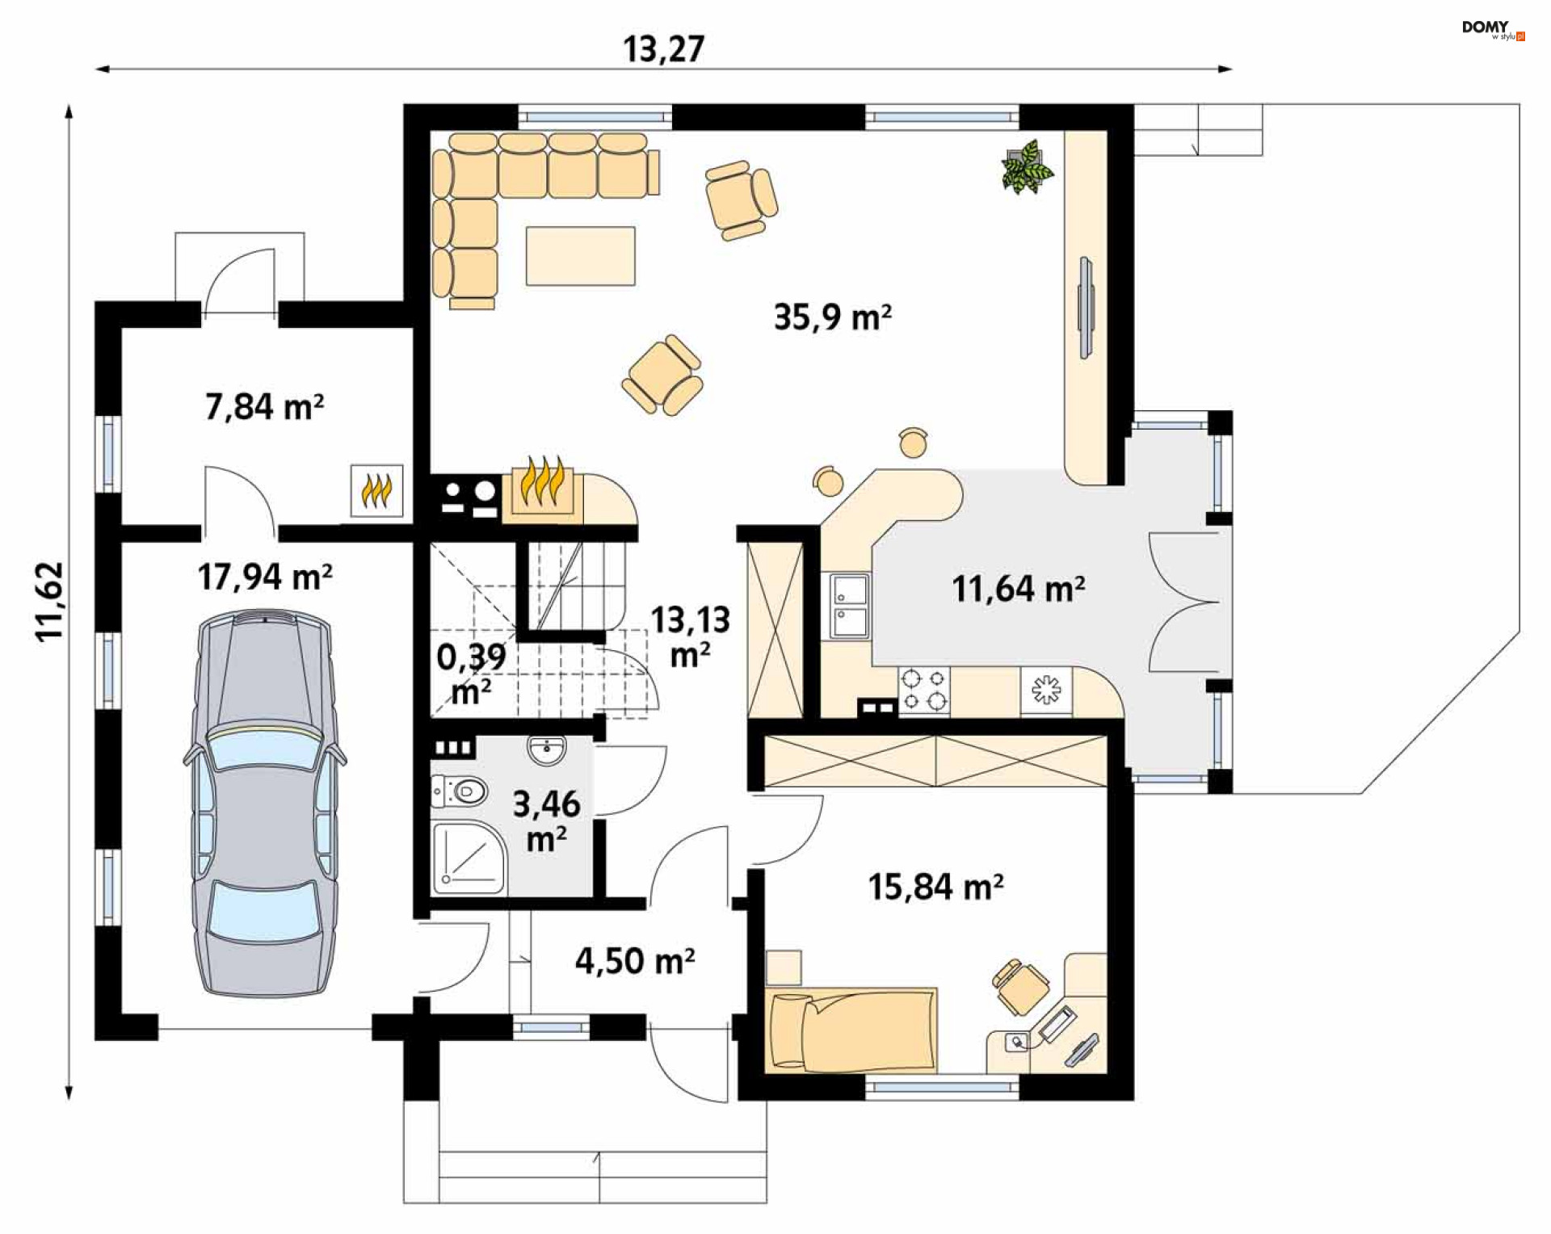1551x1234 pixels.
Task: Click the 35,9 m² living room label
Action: click(832, 317)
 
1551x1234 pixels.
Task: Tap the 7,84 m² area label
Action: click(264, 406)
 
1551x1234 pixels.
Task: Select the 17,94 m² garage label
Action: click(265, 577)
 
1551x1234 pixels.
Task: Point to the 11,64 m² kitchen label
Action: click(1018, 589)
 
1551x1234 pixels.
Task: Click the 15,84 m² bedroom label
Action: click(935, 887)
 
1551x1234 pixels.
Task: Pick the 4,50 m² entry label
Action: click(635, 961)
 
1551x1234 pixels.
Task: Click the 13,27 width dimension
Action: click(663, 49)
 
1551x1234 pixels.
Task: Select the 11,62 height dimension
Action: click(49, 602)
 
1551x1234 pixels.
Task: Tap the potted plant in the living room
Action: click(1027, 167)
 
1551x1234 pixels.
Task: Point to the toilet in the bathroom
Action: click(459, 791)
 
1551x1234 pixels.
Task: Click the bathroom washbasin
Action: click(549, 749)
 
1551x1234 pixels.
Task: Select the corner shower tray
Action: click(469, 858)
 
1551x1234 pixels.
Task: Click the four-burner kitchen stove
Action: click(924, 690)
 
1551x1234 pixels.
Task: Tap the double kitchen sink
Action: click(850, 606)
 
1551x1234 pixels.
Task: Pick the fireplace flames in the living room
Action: click(541, 481)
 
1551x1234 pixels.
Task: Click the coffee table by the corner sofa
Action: click(580, 256)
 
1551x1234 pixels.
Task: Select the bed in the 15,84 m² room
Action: click(851, 1030)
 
